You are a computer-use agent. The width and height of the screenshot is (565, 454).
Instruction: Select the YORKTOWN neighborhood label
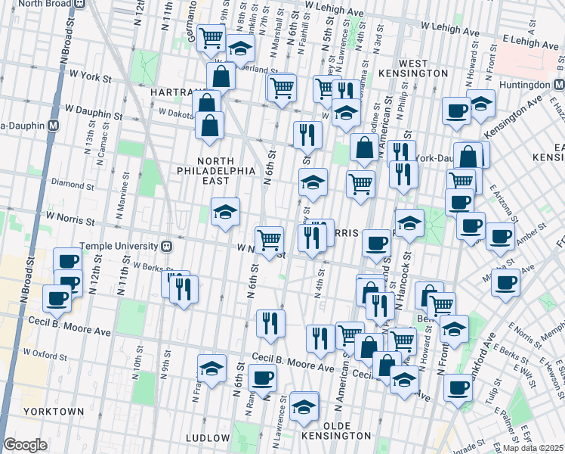click(x=54, y=412)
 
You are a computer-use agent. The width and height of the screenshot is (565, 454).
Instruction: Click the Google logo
click(x=25, y=445)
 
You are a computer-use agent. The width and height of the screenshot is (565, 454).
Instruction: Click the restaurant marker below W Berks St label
click(x=183, y=288)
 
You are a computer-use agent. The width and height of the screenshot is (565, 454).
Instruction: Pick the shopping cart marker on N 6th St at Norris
click(x=270, y=240)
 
